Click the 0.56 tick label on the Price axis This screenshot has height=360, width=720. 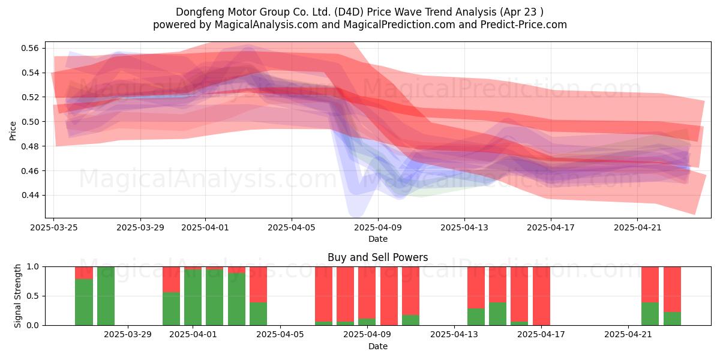[x=30, y=48]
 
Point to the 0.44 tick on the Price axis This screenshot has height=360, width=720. [x=30, y=195]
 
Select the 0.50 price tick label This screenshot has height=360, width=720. [x=30, y=122]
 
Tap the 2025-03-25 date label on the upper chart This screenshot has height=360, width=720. [x=53, y=228]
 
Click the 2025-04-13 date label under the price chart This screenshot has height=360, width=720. [x=464, y=228]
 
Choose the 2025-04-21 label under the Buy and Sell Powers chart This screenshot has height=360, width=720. [x=628, y=335]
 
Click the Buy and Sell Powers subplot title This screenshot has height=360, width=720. [x=377, y=257]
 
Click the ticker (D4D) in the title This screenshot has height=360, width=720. [x=349, y=12]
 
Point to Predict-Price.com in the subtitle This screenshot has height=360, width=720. [x=524, y=25]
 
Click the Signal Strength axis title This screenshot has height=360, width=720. [x=17, y=296]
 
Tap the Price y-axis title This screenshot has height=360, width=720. [x=13, y=131]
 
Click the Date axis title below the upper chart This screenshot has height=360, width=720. [x=378, y=239]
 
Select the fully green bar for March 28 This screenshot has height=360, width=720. [x=106, y=296]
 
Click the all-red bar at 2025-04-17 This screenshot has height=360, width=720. [x=541, y=296]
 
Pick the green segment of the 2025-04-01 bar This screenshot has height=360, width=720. [x=193, y=298]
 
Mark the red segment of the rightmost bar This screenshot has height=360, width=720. [x=672, y=289]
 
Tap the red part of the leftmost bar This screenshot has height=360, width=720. [x=84, y=273]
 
